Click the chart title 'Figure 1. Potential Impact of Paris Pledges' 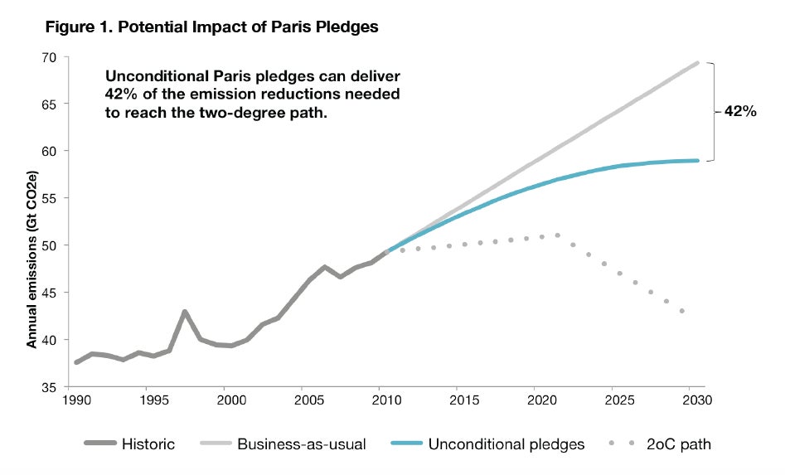[212, 27]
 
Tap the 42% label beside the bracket [740, 112]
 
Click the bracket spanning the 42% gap [713, 111]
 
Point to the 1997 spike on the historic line [185, 312]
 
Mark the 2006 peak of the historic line [325, 267]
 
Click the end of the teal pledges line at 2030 [698, 161]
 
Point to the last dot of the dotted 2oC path [682, 311]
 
